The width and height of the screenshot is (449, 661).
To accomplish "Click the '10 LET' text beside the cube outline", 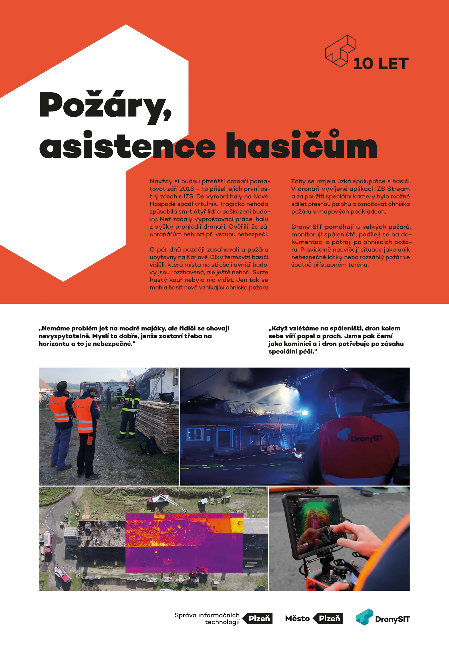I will point(381,64).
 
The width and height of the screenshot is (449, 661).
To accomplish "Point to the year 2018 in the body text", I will point(187,189).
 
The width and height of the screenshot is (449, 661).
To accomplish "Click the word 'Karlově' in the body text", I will point(197,257).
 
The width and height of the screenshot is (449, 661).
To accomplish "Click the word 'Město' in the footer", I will point(297,619).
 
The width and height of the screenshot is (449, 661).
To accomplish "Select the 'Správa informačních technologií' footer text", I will point(207,619).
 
